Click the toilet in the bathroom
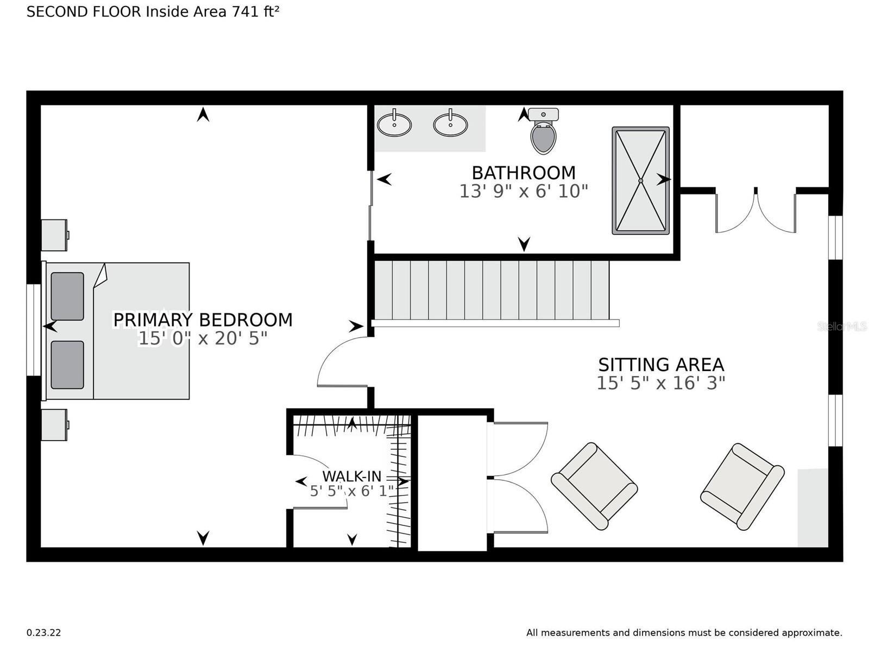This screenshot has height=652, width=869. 543,130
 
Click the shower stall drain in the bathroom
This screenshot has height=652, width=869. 640,180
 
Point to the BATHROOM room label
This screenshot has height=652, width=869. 524,173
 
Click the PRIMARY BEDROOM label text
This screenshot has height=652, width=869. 203,320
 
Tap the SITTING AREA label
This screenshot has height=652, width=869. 661,365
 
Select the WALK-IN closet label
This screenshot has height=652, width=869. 351,477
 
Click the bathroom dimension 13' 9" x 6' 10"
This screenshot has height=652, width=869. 524,191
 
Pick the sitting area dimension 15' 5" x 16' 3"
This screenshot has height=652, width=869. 661,383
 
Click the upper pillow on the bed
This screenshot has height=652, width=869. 67,296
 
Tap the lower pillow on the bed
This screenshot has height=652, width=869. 67,365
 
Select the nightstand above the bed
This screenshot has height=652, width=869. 55,235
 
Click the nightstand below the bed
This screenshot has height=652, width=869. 55,425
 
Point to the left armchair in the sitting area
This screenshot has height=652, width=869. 594,486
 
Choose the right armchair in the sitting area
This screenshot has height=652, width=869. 742,486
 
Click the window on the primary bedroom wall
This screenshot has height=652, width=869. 34,330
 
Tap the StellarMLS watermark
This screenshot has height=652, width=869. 842,327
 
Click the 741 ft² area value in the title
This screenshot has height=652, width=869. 255,12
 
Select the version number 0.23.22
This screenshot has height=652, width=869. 43,632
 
